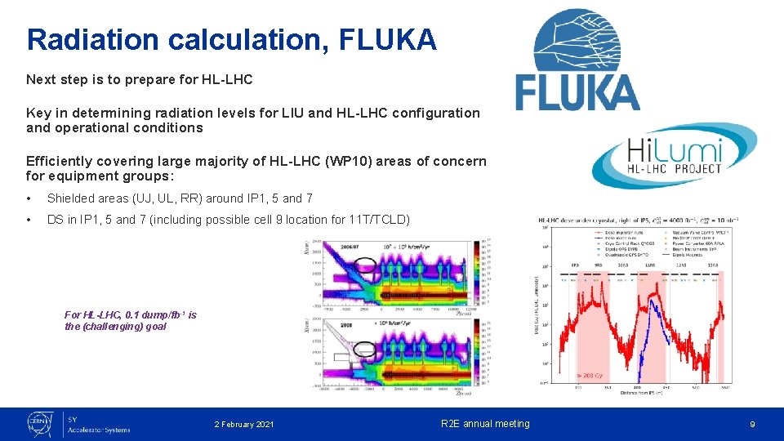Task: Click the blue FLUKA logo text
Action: tap(577, 91)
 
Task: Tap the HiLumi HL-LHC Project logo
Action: tap(675, 158)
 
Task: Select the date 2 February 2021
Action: tap(244, 424)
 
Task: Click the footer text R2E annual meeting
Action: tap(485, 424)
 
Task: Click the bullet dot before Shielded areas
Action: tap(29, 198)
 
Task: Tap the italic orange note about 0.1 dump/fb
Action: tap(130, 320)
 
